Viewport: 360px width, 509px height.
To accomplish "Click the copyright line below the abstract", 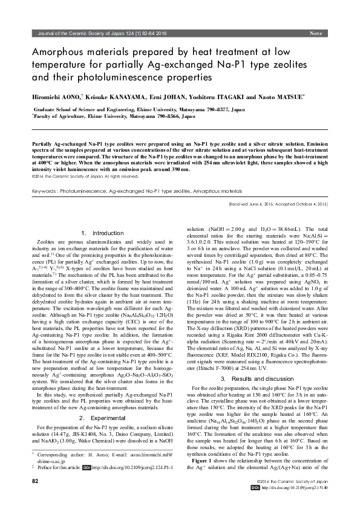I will [85, 177].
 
